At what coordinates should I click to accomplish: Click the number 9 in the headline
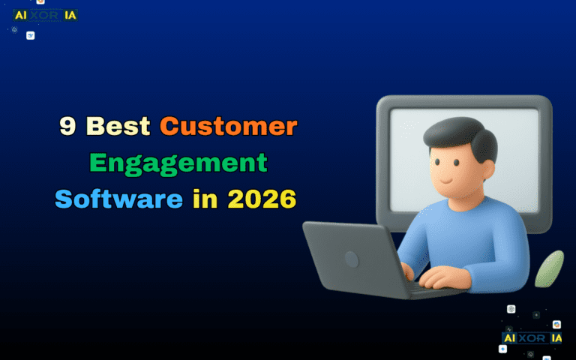68,127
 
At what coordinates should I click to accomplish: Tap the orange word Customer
228,127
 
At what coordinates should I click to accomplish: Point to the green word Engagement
178,163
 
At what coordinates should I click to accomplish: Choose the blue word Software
118,199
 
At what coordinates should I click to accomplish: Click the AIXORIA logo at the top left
45,15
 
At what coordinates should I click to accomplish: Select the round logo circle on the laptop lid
351,259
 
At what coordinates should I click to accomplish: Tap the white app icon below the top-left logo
31,35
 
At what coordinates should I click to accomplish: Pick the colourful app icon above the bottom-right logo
556,325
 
